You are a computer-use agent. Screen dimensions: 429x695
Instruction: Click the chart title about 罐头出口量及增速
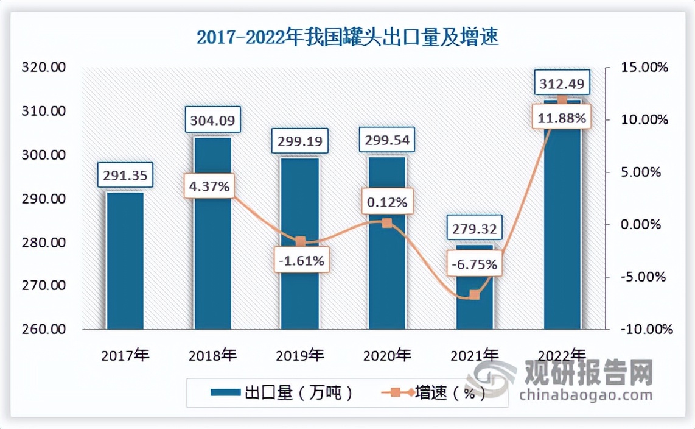(347, 38)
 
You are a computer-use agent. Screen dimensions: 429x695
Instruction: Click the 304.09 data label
(212, 119)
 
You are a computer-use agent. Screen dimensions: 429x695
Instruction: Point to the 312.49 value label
(562, 82)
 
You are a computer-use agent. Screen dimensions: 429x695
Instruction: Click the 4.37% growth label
(208, 186)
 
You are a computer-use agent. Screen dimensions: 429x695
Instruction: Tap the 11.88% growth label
(562, 119)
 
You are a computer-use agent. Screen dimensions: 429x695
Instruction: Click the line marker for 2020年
(387, 223)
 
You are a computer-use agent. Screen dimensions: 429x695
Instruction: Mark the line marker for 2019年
(299, 241)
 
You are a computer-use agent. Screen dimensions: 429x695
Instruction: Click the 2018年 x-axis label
(213, 355)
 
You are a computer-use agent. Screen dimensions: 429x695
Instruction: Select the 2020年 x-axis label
(387, 355)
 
